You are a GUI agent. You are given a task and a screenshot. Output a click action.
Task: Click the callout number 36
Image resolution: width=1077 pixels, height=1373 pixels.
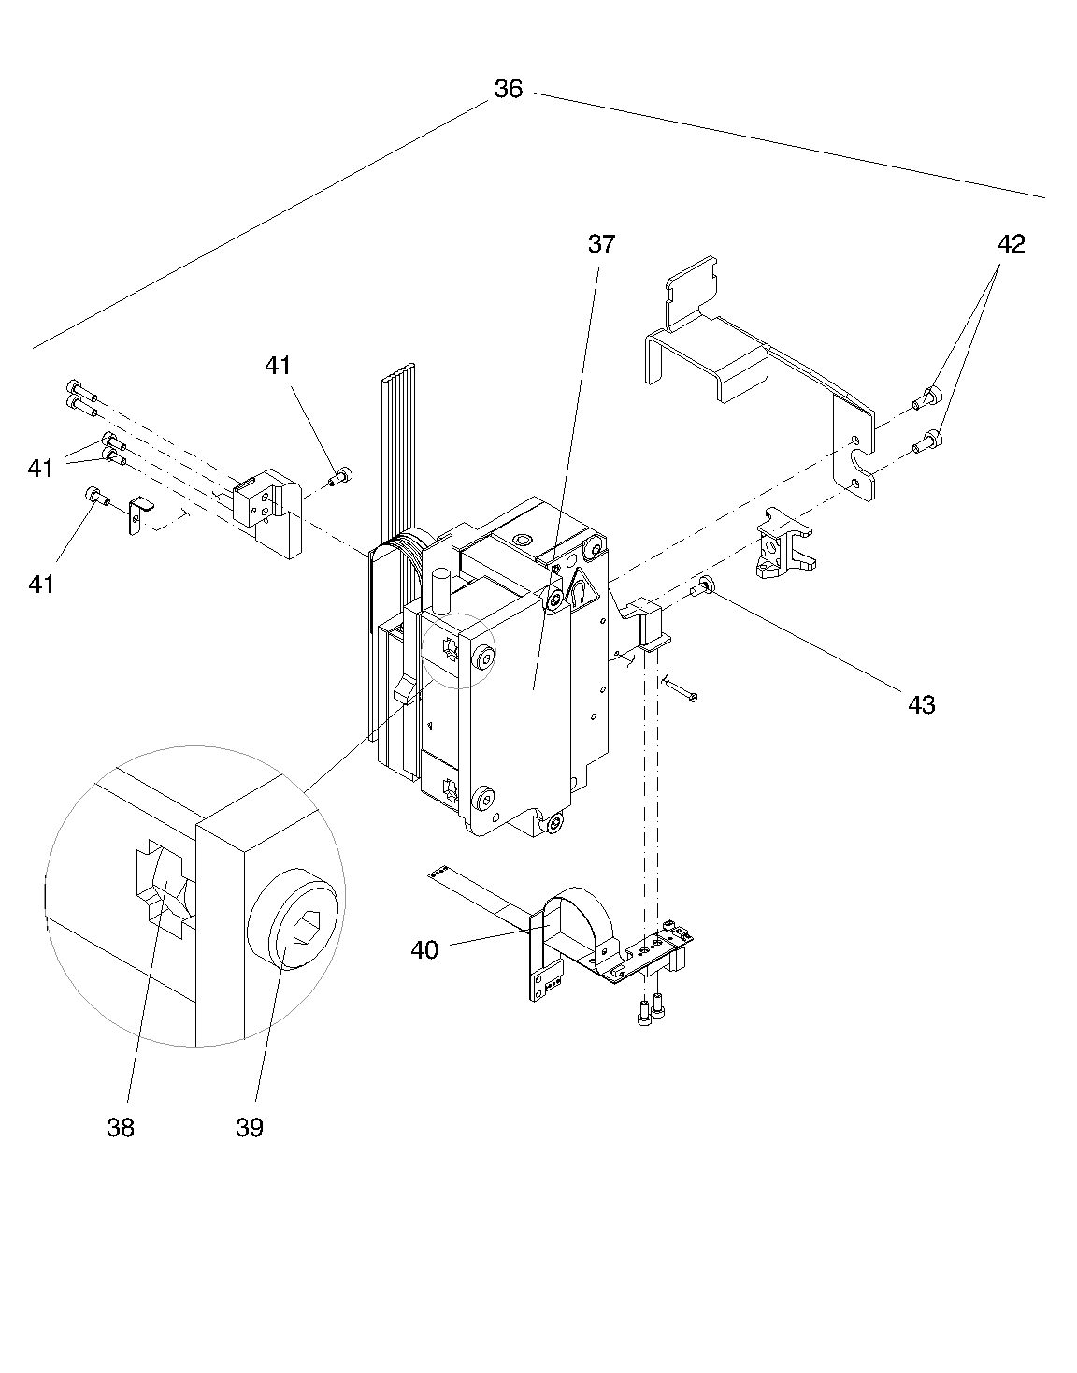(x=508, y=89)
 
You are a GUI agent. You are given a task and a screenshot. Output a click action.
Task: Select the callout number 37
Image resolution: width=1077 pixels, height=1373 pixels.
(x=602, y=244)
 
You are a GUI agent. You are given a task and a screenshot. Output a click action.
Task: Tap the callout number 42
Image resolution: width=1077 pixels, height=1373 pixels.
(x=1011, y=244)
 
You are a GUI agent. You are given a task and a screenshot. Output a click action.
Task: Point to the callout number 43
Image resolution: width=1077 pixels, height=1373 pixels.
(x=921, y=704)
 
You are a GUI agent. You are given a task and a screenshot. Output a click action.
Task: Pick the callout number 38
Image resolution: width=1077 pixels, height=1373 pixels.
(x=120, y=1128)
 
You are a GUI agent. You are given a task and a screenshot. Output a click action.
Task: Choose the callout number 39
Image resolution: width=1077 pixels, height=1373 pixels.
(x=249, y=1128)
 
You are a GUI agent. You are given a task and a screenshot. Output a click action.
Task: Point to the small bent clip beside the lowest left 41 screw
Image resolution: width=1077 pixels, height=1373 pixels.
(x=137, y=515)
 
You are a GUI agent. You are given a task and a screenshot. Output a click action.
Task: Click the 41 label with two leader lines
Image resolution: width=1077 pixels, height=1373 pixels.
(x=40, y=468)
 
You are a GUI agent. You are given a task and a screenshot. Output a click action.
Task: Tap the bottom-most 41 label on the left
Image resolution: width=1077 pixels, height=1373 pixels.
(x=40, y=585)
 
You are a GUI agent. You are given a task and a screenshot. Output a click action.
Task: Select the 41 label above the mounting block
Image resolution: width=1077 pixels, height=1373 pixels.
(x=278, y=366)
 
